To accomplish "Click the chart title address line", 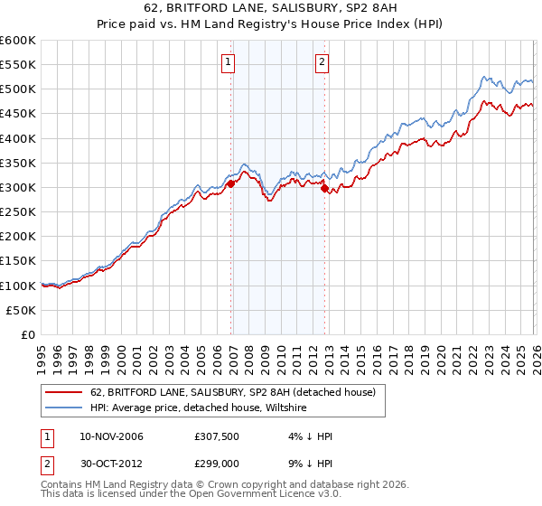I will click(x=270, y=9).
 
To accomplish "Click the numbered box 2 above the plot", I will click(x=322, y=62).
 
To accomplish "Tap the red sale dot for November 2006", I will click(x=231, y=183).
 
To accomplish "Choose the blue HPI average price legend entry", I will click(x=198, y=408).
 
